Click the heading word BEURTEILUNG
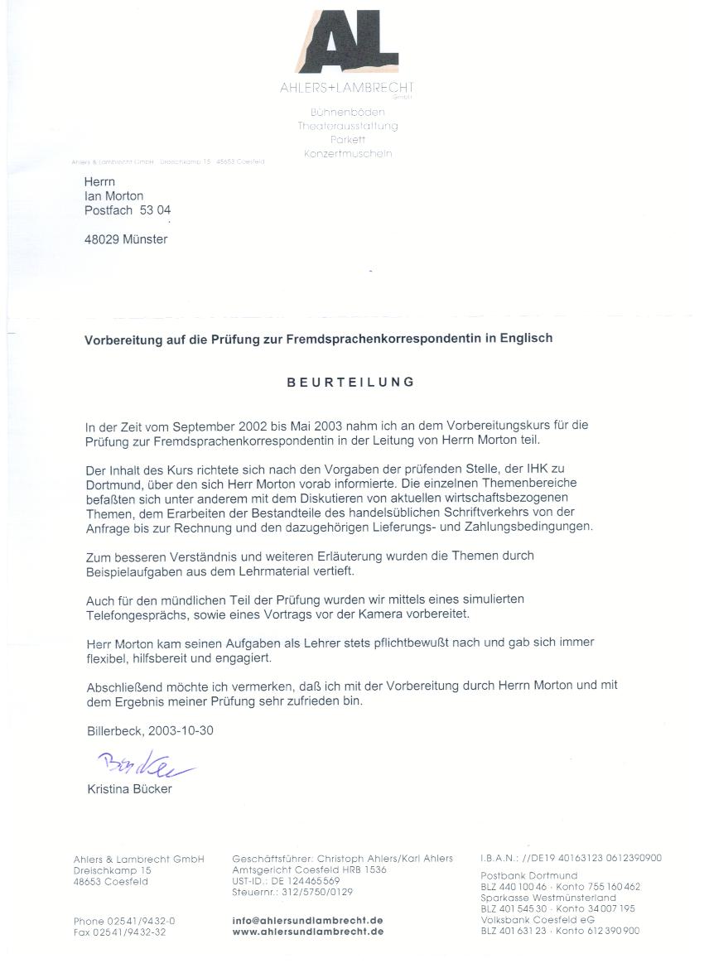click(350, 383)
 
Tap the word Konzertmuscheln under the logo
click(348, 154)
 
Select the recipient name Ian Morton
click(114, 196)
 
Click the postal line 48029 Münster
click(126, 240)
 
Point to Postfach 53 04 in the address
click(128, 211)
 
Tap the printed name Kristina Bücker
click(129, 789)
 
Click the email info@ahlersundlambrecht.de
click(308, 921)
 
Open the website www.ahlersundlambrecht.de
click(308, 932)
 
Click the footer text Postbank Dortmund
click(529, 876)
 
